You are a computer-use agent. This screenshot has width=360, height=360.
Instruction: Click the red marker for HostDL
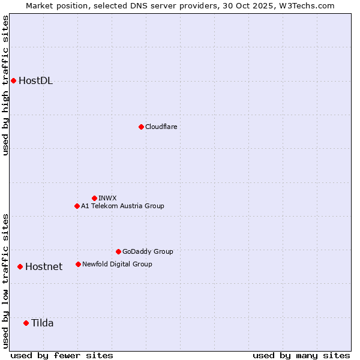tap(13, 80)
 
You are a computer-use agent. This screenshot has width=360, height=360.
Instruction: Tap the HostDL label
tap(35, 81)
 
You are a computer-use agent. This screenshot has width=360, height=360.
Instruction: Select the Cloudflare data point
tap(141, 127)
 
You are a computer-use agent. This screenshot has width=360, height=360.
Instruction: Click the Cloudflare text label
tap(161, 127)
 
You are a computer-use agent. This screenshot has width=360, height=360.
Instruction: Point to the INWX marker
tap(94, 198)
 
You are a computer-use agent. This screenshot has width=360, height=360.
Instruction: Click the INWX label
tap(107, 198)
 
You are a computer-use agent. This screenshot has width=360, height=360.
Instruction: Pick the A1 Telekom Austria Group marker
tap(77, 206)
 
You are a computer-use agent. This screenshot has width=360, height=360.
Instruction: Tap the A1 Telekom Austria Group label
tap(122, 206)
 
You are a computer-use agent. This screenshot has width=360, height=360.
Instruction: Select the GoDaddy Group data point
tap(118, 251)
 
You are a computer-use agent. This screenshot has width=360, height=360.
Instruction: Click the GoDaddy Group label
tap(148, 251)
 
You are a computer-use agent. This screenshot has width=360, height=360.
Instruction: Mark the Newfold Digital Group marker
tap(78, 264)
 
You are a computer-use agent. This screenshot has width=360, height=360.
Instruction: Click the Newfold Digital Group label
tap(117, 264)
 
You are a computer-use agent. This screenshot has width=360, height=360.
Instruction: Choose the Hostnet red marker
tap(20, 266)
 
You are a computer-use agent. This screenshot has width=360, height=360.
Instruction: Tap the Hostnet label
tap(44, 267)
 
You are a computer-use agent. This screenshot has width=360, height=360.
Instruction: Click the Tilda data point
tap(26, 323)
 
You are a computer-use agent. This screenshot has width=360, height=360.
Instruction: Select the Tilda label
tap(43, 323)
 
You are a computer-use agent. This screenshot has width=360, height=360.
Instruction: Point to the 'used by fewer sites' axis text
tap(62, 355)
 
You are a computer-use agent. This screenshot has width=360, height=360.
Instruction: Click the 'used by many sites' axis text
tap(301, 355)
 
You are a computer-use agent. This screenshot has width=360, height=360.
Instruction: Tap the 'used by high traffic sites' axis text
tap(6, 85)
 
